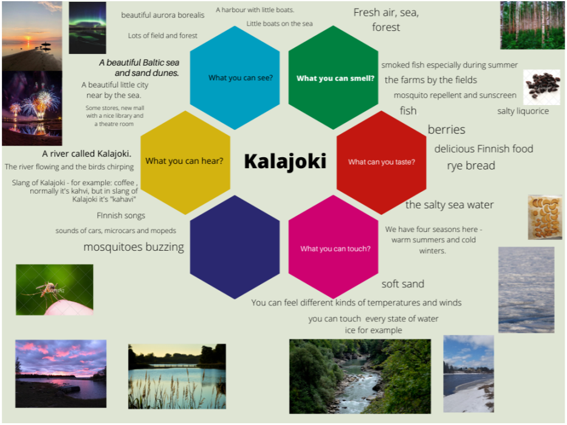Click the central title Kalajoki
point(285,161)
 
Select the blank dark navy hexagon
point(235,247)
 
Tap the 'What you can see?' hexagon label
point(241,78)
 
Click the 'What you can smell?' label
point(335,78)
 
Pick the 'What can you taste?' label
point(382,162)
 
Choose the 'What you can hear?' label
point(184,161)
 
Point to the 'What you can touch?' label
point(335,249)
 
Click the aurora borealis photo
point(88,28)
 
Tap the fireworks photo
point(32,108)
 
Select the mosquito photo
point(55,290)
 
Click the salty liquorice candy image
point(541,87)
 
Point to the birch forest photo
point(532,25)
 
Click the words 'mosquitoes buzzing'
point(134,247)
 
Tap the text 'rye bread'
point(471,166)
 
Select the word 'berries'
point(447,129)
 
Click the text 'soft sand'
point(403,284)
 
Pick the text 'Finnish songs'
point(121,216)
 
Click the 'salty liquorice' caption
point(523,111)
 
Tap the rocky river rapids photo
point(360,376)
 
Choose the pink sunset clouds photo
point(61,373)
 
